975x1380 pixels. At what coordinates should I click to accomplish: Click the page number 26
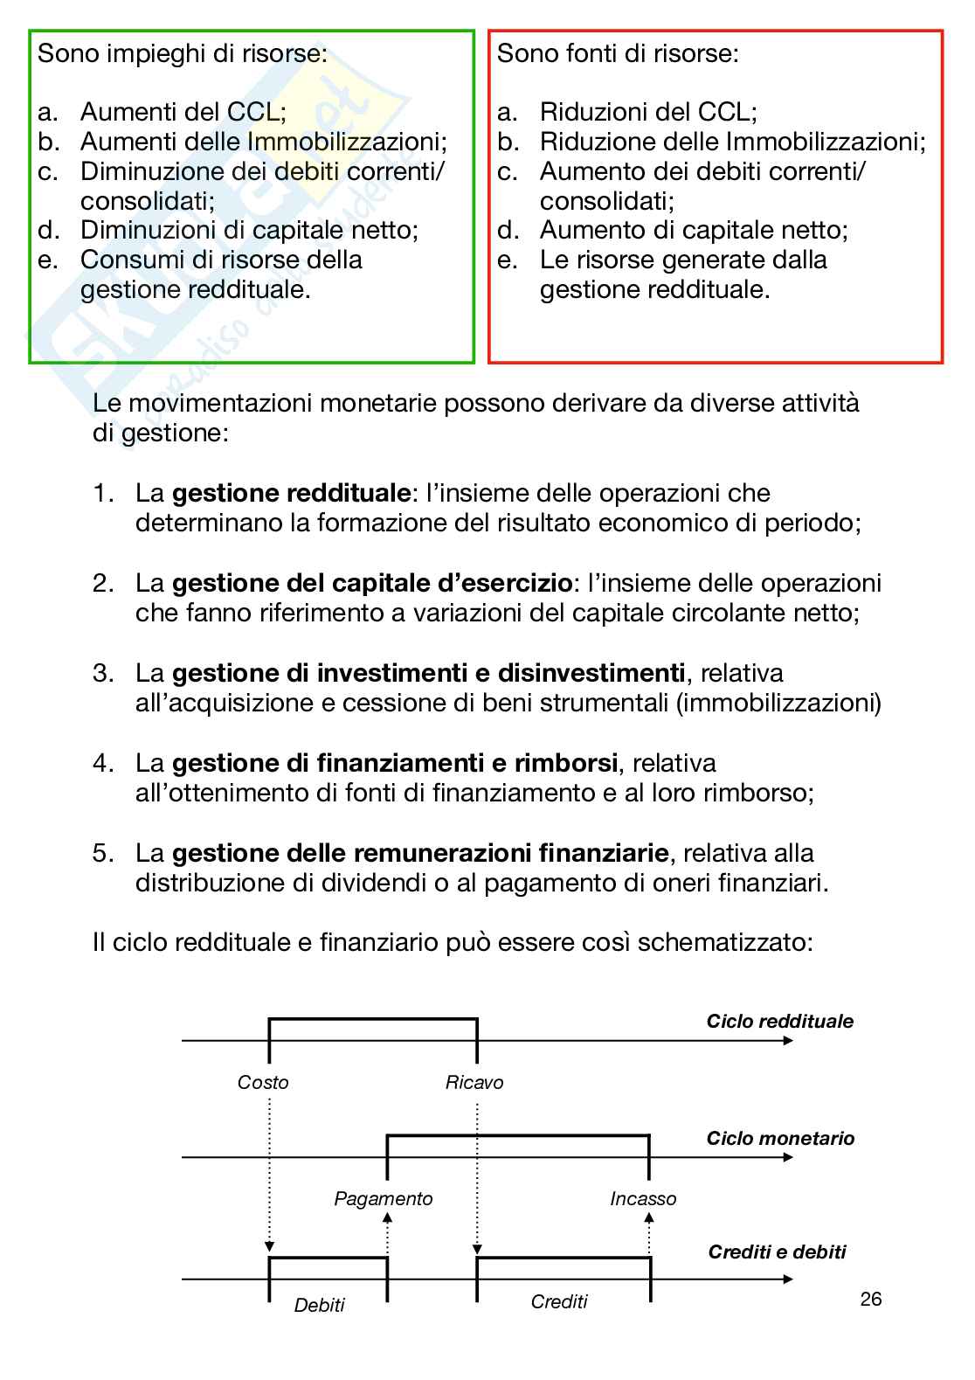click(870, 1299)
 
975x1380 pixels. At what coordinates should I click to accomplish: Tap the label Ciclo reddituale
click(779, 1022)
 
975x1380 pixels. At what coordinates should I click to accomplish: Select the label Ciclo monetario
click(780, 1138)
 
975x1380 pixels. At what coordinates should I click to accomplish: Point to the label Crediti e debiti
click(777, 1252)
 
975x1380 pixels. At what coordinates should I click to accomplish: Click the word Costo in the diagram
click(263, 1082)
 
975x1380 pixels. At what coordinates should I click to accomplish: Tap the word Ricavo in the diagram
click(474, 1082)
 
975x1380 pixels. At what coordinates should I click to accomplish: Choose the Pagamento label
click(384, 1198)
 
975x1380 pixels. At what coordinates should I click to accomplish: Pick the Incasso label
click(643, 1198)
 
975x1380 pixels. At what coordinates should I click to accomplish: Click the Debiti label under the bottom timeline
click(320, 1305)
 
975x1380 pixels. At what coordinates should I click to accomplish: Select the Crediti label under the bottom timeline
click(559, 1301)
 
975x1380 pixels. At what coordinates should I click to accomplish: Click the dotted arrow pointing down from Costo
click(269, 1171)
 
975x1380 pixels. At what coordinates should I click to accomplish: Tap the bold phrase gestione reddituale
click(291, 493)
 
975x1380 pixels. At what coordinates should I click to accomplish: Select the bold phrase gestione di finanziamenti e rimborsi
click(395, 763)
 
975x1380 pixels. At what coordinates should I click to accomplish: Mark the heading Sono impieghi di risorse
click(183, 54)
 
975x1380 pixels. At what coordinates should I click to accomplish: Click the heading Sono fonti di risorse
click(618, 54)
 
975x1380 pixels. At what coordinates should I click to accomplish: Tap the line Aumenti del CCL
click(183, 112)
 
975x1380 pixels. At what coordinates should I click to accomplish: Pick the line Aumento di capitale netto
click(694, 230)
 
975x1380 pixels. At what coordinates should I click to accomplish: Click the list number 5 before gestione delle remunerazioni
click(102, 853)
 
